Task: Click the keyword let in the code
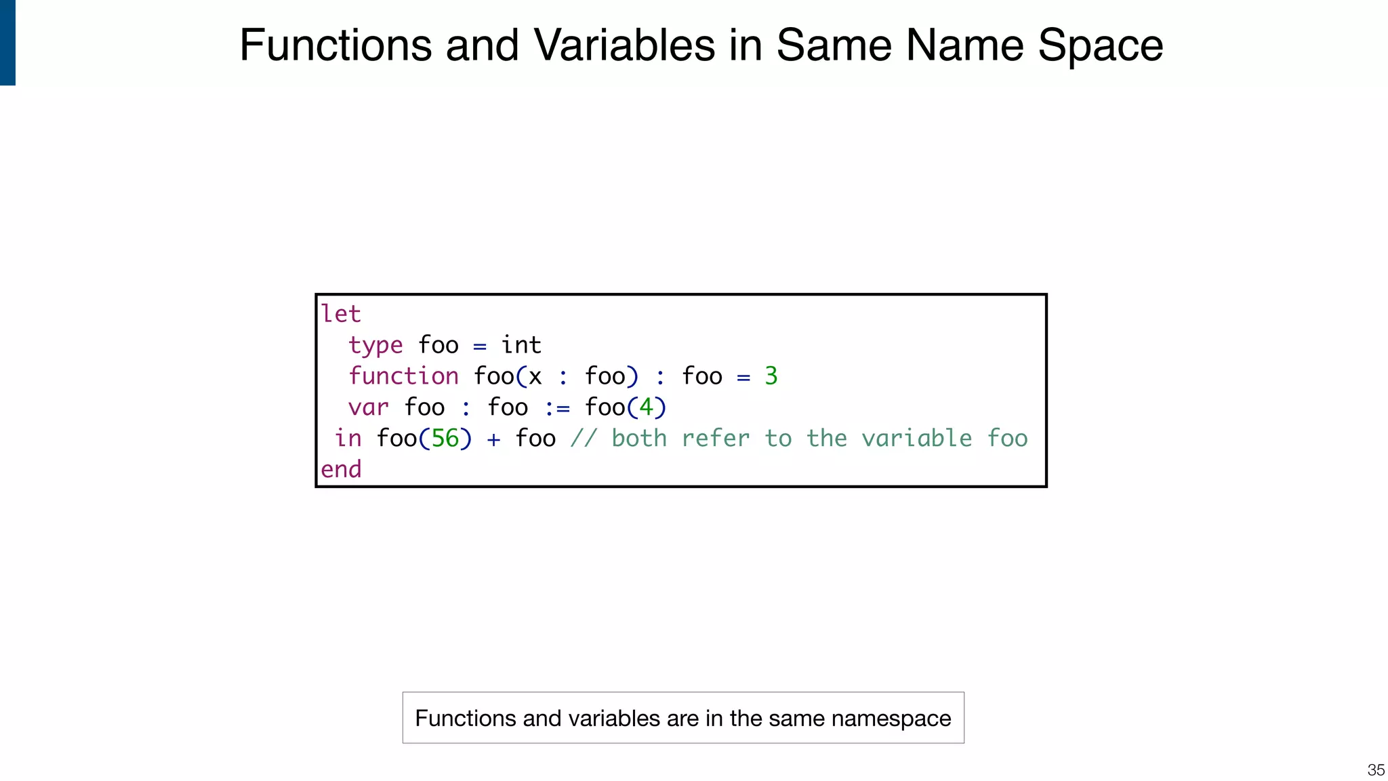point(340,314)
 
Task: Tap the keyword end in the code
point(341,469)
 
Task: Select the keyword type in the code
point(375,346)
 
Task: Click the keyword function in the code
point(403,376)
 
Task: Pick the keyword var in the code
point(368,407)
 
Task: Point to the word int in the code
point(521,345)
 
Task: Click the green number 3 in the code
point(771,376)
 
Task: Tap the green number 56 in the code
point(445,439)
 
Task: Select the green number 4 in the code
point(647,407)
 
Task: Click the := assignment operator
point(557,408)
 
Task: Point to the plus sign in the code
point(493,439)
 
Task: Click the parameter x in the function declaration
point(535,377)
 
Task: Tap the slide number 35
point(1376,769)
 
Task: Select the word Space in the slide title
point(1100,45)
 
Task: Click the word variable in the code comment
point(916,439)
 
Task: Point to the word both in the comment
point(639,439)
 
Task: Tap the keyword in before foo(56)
point(348,439)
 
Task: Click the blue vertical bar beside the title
point(7,42)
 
